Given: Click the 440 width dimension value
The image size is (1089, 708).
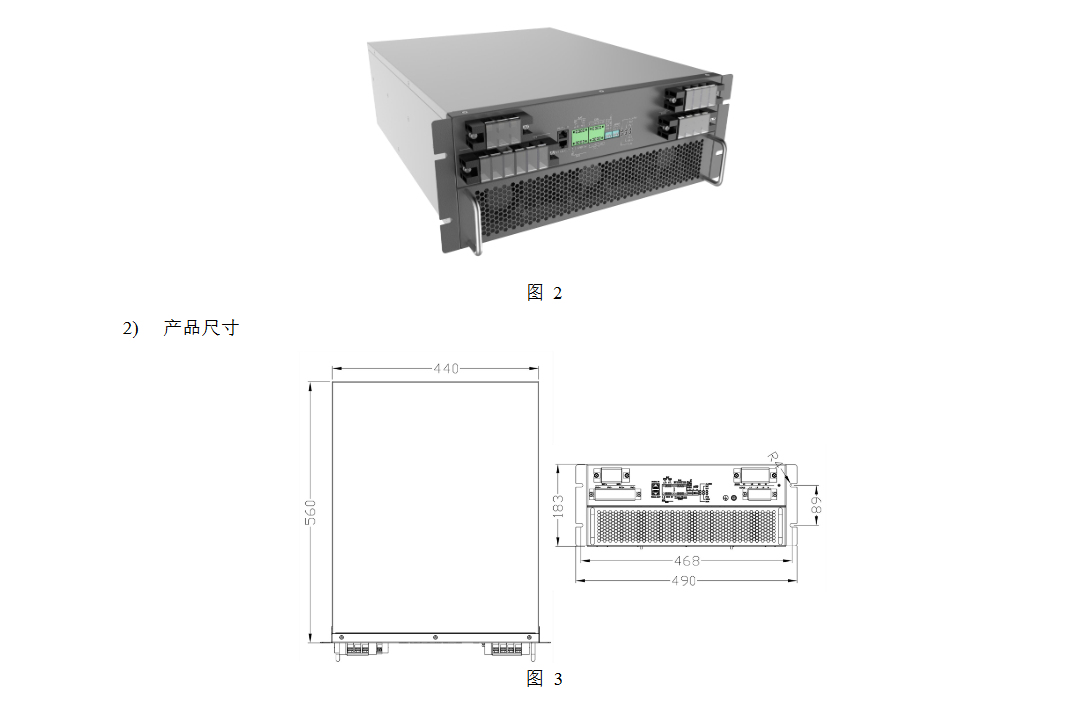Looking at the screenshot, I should pyautogui.click(x=446, y=369).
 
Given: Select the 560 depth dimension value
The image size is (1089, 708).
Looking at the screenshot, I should pyautogui.click(x=311, y=511).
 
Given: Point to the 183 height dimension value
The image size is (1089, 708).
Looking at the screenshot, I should pyautogui.click(x=558, y=505).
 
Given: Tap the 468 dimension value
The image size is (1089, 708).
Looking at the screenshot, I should pyautogui.click(x=687, y=561).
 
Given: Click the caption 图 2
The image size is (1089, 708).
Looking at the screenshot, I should pyautogui.click(x=544, y=293).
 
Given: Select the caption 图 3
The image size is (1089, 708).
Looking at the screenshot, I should pyautogui.click(x=544, y=680).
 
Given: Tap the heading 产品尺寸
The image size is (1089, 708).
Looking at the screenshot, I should pyautogui.click(x=201, y=328).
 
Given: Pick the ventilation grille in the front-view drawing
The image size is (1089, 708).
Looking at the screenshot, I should pyautogui.click(x=688, y=526).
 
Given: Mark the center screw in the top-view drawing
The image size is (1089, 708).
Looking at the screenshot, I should pyautogui.click(x=435, y=637).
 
